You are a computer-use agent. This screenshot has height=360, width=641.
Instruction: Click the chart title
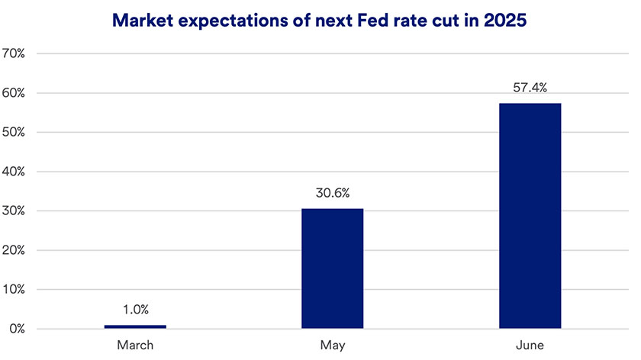320,21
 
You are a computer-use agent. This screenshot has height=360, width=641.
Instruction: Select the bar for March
135,326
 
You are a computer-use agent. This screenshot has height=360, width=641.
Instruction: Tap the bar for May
332,268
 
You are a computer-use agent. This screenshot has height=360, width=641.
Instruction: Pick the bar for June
530,216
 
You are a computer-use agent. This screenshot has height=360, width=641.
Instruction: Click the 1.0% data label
135,310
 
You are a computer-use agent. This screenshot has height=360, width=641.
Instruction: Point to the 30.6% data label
332,194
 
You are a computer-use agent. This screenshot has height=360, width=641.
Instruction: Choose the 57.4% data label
530,88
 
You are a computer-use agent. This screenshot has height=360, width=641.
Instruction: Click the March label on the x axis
135,346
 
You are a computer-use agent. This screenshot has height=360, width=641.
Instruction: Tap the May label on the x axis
332,346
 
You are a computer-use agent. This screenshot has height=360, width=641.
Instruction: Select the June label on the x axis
530,346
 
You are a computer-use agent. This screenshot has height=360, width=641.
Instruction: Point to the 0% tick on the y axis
18,329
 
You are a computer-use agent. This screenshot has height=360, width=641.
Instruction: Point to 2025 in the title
503,21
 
